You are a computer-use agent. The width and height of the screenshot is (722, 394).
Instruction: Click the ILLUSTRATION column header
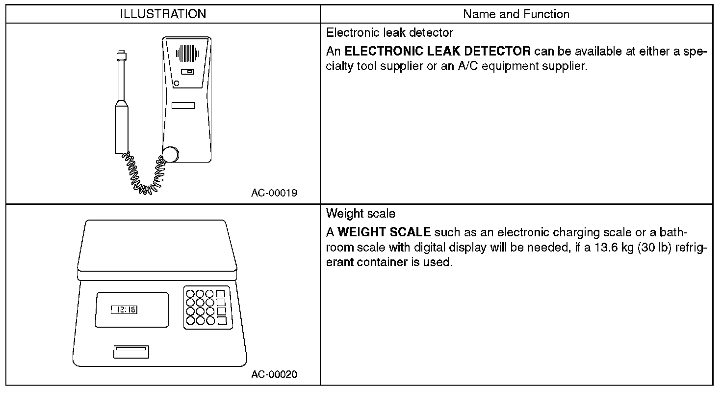(163, 14)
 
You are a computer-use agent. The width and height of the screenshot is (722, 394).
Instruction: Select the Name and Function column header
(516, 14)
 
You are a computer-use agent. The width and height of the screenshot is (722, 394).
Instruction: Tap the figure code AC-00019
(274, 193)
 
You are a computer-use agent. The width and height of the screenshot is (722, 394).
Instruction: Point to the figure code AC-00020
(274, 375)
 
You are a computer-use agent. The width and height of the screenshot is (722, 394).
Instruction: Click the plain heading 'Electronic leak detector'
(389, 32)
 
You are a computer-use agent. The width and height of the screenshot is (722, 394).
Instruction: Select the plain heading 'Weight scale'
(361, 214)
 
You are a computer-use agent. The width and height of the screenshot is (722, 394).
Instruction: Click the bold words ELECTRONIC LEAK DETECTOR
(438, 51)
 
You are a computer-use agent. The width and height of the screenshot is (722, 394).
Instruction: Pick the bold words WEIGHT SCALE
(384, 232)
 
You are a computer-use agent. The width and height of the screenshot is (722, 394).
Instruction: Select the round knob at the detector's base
(171, 154)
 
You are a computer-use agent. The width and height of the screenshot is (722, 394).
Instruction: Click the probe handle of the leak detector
(121, 126)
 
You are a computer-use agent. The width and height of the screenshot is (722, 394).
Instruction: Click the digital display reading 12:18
(125, 310)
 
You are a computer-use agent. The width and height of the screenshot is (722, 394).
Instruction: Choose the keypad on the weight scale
(207, 307)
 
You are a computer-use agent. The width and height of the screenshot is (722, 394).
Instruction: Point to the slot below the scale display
(131, 352)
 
